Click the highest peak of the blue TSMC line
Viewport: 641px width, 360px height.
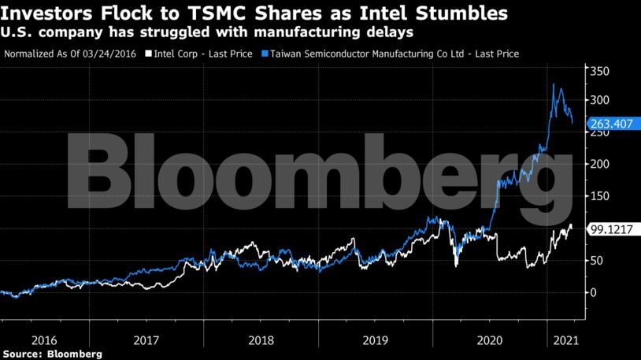[554, 84]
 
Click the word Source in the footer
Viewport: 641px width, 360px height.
[21, 354]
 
